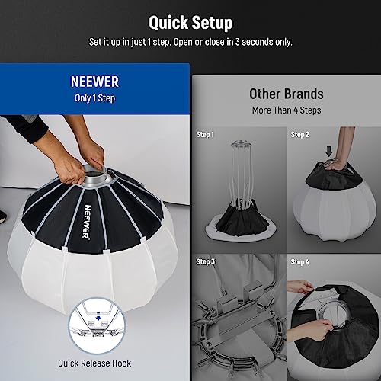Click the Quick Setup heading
coord(190,22)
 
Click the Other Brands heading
coord(286,94)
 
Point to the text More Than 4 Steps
coord(286,110)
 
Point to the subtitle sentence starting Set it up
coord(190,41)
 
